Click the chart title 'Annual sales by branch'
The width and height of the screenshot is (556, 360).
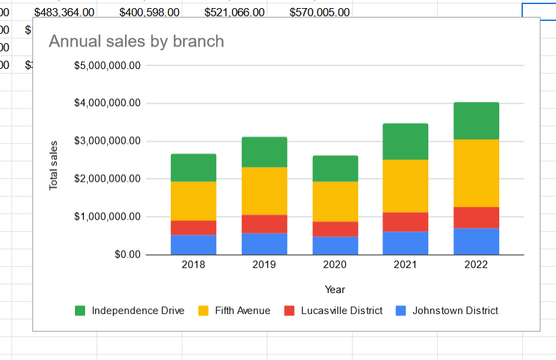coord(136,41)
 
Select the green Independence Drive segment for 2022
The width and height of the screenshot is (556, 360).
coord(476,121)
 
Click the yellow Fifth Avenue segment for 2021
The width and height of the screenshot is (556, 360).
coord(405,186)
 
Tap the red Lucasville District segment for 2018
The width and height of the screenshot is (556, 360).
coord(193,228)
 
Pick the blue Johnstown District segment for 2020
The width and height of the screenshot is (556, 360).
coord(335,245)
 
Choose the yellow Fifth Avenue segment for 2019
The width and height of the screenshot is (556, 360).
coord(264,190)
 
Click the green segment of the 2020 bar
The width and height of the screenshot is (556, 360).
coord(335,168)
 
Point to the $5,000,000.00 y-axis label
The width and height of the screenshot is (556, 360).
coord(107,66)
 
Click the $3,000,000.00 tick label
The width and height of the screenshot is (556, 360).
coord(107,141)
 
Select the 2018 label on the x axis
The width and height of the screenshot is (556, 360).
coord(193,265)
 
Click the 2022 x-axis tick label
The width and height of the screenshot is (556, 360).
coord(476,265)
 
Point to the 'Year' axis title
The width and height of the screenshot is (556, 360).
coord(334,290)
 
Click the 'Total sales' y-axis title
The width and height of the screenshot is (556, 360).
coord(54,165)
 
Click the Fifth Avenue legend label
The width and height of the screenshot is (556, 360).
coord(243,311)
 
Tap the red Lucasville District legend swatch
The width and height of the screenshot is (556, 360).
coord(289,311)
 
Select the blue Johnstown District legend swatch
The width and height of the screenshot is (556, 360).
coord(401,311)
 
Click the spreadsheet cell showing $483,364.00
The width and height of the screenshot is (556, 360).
coord(64,12)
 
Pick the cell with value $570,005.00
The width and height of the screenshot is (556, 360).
coord(320,12)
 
